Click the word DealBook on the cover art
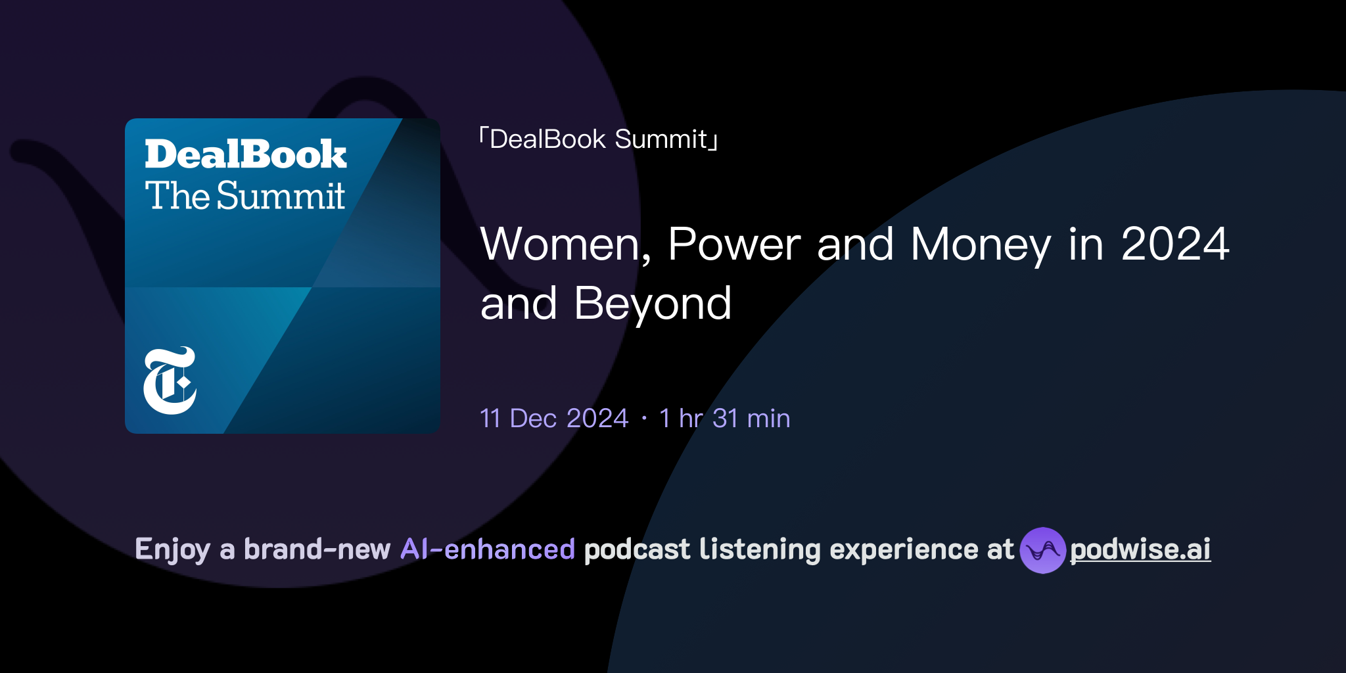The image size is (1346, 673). [x=245, y=154]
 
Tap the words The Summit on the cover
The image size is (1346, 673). [x=245, y=196]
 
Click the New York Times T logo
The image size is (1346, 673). [x=170, y=381]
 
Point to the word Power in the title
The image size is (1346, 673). [x=734, y=244]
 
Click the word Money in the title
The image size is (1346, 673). [x=981, y=244]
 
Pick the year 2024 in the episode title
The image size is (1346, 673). [x=1174, y=244]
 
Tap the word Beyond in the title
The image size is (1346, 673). [x=653, y=304]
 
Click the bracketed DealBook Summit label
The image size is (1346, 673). [x=598, y=139]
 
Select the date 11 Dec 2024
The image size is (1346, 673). [x=554, y=418]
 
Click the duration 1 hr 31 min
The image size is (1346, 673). [x=724, y=418]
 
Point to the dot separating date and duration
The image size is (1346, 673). [x=644, y=418]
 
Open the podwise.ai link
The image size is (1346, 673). [x=1140, y=549]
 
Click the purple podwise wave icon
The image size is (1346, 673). [x=1042, y=550]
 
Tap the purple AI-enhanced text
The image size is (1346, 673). [x=488, y=549]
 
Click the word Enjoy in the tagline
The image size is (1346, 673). [x=172, y=549]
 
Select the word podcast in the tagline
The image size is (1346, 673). [x=637, y=549]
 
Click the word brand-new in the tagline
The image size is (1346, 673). [x=317, y=549]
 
